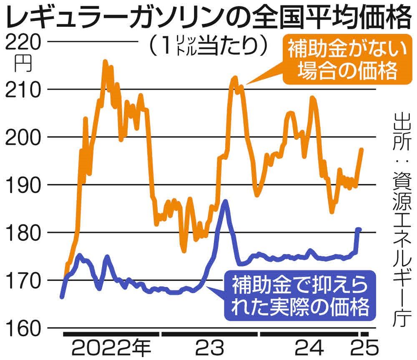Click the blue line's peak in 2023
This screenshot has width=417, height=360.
pyautogui.click(x=226, y=201)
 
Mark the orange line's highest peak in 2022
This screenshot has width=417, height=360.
pyautogui.click(x=105, y=61)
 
